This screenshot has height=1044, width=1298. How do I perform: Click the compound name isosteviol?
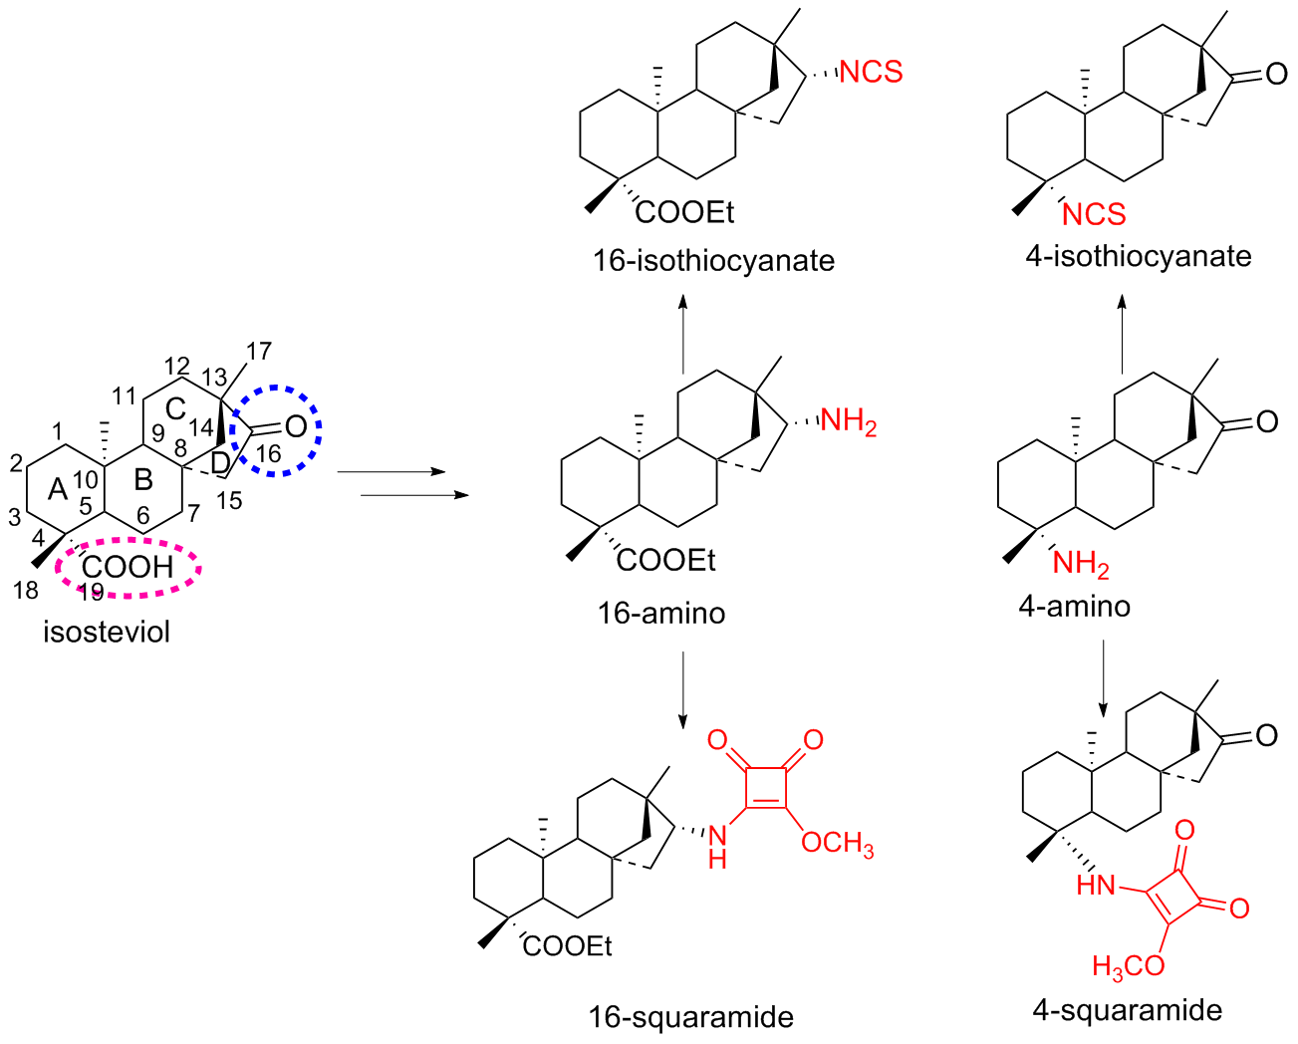(107, 632)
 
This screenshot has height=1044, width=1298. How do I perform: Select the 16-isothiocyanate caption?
(713, 261)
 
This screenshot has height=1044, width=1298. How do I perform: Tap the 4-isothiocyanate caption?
(1138, 256)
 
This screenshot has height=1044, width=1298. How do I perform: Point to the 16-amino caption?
(660, 612)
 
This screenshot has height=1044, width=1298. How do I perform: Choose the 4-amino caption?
(1074, 606)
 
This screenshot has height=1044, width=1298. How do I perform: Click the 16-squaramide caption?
(690, 1017)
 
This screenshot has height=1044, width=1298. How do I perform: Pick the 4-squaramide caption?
(1127, 1010)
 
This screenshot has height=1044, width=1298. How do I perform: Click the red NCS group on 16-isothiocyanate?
(871, 72)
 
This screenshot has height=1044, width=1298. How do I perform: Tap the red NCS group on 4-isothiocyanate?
(1094, 214)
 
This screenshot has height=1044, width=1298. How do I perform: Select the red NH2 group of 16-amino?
(848, 422)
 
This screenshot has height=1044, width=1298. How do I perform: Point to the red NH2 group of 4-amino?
(1080, 565)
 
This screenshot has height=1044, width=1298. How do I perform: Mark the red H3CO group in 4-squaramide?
(1128, 965)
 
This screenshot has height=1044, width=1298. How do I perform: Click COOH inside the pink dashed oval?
(128, 567)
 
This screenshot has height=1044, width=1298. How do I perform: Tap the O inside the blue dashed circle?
(295, 427)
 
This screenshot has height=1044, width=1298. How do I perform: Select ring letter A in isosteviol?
(58, 488)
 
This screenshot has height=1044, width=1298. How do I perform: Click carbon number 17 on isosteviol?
(258, 351)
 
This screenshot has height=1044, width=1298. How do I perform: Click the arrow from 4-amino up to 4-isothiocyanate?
(1122, 334)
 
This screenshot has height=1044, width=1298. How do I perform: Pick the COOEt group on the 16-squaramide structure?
(567, 946)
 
